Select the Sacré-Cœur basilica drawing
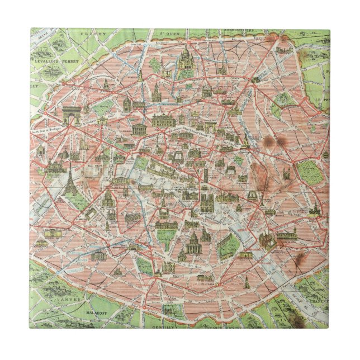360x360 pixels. (186, 56)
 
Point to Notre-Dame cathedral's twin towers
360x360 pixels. (206, 202)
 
